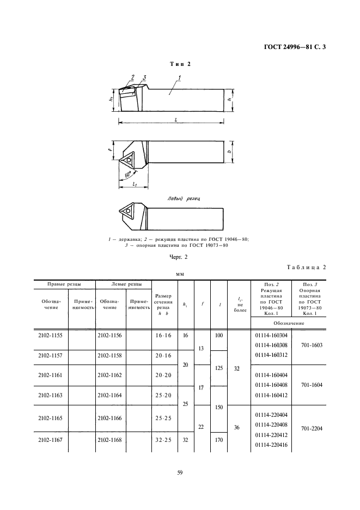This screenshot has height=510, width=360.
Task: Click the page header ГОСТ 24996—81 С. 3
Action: (x=295, y=47)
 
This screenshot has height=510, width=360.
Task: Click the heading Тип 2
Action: (x=180, y=64)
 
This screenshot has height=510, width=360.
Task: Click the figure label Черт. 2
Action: (x=180, y=256)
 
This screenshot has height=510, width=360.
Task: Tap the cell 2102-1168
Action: (x=109, y=440)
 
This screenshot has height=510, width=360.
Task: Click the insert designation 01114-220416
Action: (x=271, y=445)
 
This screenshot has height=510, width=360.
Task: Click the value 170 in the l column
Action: (x=218, y=440)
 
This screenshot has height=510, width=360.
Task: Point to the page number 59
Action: (x=180, y=472)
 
